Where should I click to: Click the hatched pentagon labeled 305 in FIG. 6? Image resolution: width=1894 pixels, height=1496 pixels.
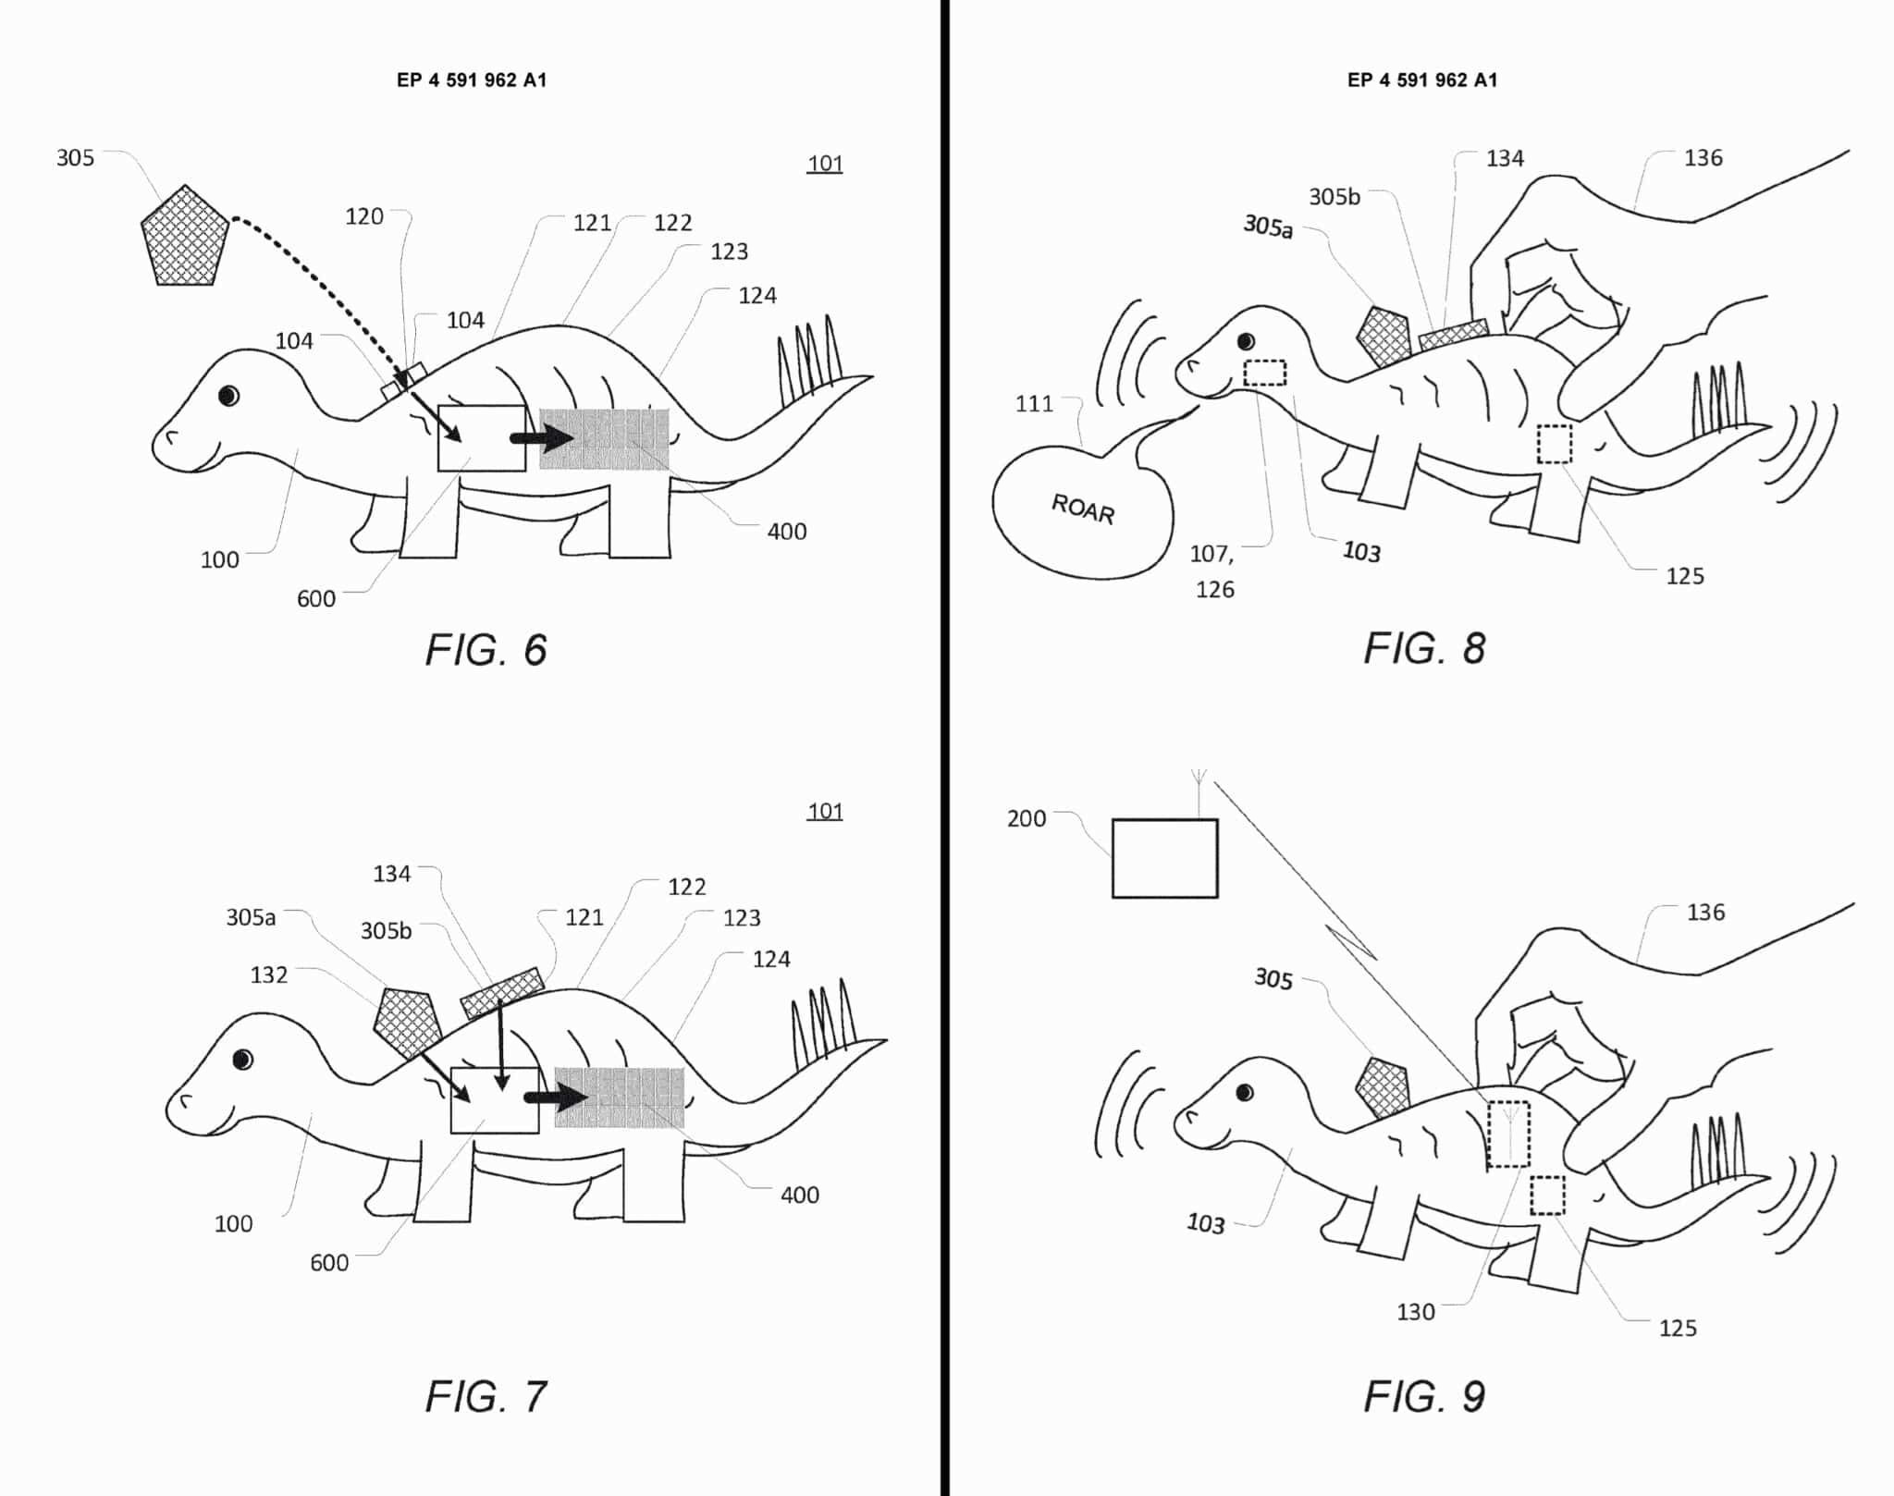pos(184,238)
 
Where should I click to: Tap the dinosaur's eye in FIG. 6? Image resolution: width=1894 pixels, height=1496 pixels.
pos(228,396)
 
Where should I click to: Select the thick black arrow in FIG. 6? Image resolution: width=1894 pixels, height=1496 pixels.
pos(542,438)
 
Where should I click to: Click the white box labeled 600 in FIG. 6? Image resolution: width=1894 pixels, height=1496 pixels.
pos(481,438)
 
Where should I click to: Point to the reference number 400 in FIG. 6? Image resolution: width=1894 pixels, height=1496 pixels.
pos(786,532)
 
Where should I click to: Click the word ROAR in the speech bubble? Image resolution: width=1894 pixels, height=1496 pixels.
pos(1083,509)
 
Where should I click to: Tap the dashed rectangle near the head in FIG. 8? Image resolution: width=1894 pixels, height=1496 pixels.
pos(1264,373)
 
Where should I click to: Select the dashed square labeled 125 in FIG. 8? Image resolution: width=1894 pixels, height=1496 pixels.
pos(1554,444)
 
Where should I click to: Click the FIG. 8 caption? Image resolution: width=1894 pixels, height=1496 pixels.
pos(1424,649)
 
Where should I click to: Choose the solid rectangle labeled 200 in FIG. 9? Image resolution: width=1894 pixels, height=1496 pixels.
pos(1164,858)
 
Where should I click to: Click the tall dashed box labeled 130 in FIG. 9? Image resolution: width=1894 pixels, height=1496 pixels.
pos(1508,1134)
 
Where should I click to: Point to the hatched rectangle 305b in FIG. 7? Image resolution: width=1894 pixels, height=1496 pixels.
pos(501,992)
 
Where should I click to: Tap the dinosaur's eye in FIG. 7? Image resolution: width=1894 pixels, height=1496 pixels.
pos(242,1060)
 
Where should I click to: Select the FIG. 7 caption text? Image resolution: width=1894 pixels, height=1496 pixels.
pos(486,1396)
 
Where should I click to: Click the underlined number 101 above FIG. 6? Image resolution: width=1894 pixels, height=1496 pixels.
pos(825,164)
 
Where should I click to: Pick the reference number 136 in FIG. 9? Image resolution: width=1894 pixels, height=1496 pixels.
pos(1705,913)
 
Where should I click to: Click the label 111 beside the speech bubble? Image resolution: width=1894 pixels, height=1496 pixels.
pos(1034,404)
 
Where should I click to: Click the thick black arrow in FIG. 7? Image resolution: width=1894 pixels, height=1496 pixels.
pos(556,1097)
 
